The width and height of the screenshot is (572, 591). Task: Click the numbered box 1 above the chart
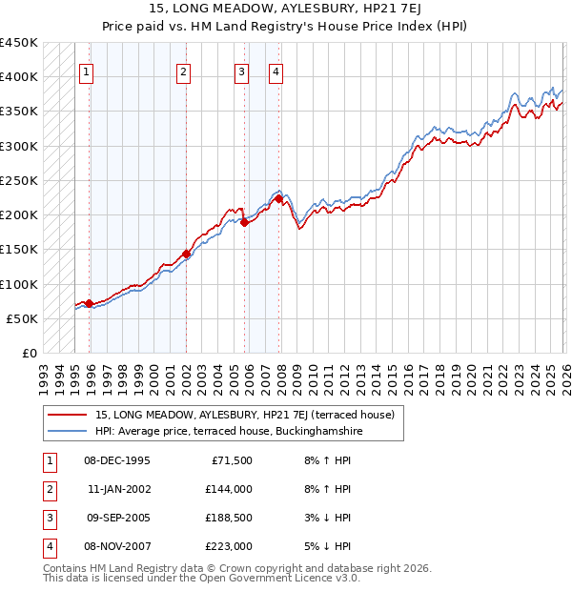(x=87, y=71)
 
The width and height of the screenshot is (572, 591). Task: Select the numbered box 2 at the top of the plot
(x=183, y=71)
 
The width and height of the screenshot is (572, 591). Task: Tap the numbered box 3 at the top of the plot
(x=241, y=71)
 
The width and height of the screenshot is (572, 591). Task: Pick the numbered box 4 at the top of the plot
(x=276, y=71)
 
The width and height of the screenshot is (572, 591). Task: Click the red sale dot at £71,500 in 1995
(x=89, y=303)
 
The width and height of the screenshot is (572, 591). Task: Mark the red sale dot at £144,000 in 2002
(x=186, y=254)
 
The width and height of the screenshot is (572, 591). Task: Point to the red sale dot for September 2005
(x=244, y=223)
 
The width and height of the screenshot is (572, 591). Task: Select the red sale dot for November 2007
(x=278, y=199)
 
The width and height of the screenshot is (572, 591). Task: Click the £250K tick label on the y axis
(x=19, y=180)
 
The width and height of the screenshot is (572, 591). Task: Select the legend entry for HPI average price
(x=229, y=432)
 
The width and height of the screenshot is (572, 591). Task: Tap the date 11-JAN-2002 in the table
(x=117, y=489)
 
